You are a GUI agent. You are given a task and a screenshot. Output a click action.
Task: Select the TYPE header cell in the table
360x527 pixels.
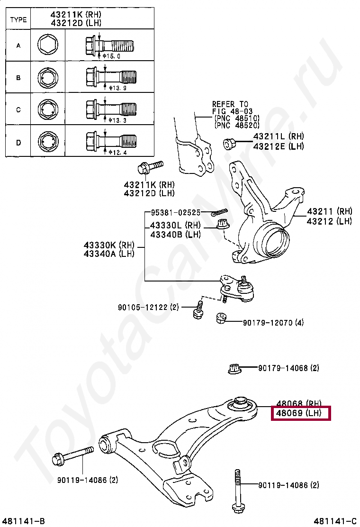tap(18, 19)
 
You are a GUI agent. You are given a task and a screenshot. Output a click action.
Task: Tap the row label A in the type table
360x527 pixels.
tap(18, 46)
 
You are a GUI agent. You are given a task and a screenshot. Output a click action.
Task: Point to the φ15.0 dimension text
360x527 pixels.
tap(112, 56)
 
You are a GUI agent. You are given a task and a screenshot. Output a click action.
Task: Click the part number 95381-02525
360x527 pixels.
tap(176, 213)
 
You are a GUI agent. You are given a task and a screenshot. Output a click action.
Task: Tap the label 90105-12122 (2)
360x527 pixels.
tap(148, 307)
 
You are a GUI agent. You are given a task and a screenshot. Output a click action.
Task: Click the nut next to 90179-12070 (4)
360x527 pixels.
tap(220, 318)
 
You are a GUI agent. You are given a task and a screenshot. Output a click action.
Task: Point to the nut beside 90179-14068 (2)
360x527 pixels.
tap(234, 368)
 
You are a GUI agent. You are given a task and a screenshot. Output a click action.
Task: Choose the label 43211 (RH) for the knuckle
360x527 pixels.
tap(329, 211)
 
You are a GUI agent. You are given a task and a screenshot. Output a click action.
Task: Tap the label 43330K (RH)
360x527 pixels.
tap(109, 245)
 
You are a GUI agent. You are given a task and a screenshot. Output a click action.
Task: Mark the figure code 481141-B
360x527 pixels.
tap(23, 521)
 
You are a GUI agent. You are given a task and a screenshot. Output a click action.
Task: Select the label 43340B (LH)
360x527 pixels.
tap(175, 234)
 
